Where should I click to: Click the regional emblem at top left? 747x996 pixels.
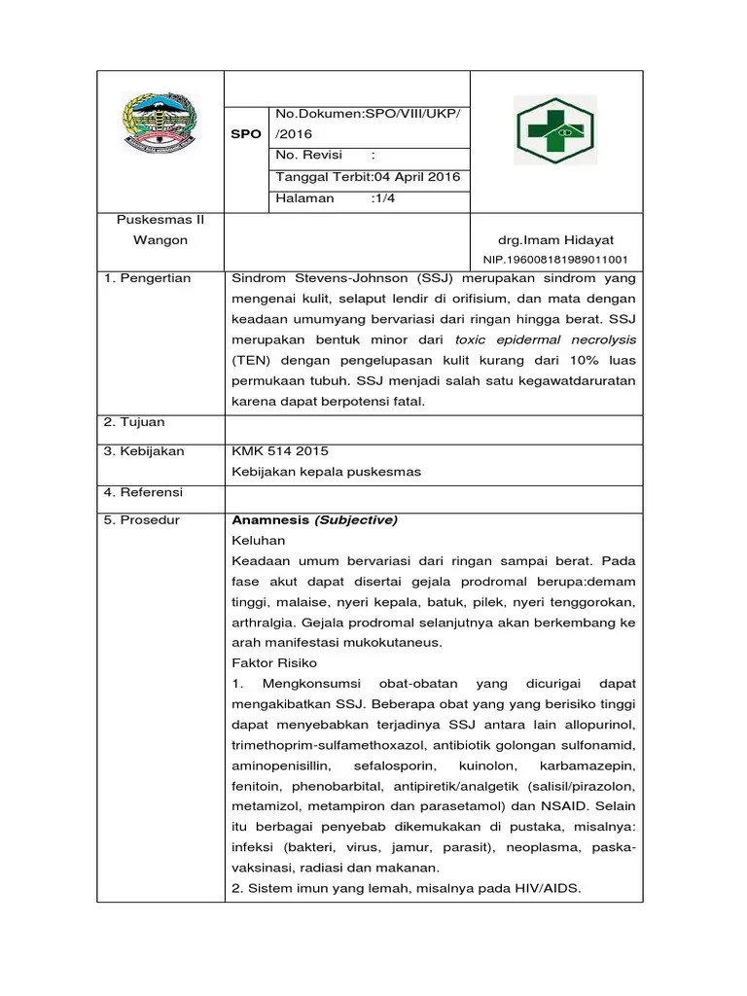pyautogui.click(x=160, y=123)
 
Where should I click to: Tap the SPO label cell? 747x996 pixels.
pyautogui.click(x=246, y=134)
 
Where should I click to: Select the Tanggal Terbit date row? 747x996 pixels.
pyautogui.click(x=368, y=177)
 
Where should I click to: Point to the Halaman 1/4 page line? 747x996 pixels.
pyautogui.click(x=336, y=198)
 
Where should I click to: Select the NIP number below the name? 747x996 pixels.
pyautogui.click(x=555, y=261)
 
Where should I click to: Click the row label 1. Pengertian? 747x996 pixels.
pyautogui.click(x=148, y=279)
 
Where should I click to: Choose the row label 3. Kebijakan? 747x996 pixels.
pyautogui.click(x=144, y=451)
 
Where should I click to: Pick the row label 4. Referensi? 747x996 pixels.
pyautogui.click(x=144, y=492)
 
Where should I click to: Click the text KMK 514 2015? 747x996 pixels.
pyautogui.click(x=280, y=451)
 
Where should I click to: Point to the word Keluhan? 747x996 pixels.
pyautogui.click(x=259, y=540)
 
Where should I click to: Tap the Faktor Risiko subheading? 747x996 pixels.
pyautogui.click(x=274, y=662)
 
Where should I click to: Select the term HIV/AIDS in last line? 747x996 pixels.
pyautogui.click(x=546, y=888)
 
